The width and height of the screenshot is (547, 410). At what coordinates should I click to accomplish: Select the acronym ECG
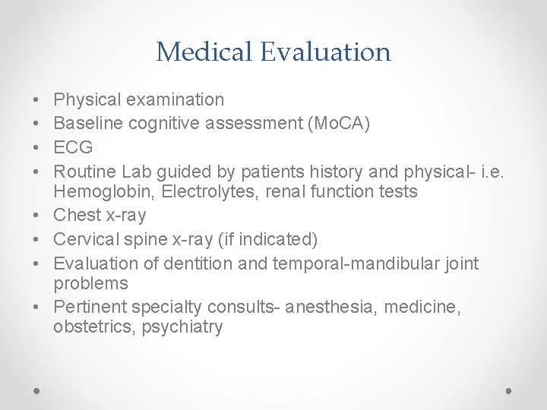(73, 147)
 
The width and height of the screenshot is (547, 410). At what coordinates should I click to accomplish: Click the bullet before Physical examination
(37, 99)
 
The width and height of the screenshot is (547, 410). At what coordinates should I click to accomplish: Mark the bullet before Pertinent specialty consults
(37, 307)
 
